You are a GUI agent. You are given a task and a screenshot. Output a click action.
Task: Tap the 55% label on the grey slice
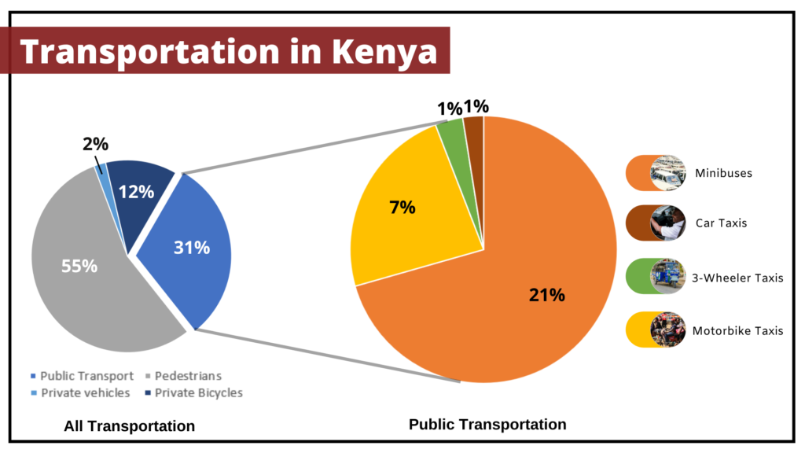coord(79,266)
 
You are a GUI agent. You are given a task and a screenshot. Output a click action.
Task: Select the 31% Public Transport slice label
coord(192,248)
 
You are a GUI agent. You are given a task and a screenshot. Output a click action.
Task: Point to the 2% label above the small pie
coord(95,144)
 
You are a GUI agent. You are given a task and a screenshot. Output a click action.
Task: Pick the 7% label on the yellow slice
coord(402,208)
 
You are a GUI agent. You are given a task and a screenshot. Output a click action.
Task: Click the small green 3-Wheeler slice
coord(451,135)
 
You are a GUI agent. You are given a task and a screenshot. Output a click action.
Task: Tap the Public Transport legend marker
coord(32,376)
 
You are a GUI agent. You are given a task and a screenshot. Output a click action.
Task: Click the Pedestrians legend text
coord(189,376)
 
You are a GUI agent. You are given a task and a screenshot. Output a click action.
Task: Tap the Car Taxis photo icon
coord(667,223)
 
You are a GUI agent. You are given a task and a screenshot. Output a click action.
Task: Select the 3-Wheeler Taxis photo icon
coord(667,276)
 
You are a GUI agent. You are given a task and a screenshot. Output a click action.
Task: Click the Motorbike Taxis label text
coord(737,330)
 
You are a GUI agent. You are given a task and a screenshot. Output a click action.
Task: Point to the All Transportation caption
coord(129,426)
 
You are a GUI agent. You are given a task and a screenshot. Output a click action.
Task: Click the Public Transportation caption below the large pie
coord(487,425)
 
